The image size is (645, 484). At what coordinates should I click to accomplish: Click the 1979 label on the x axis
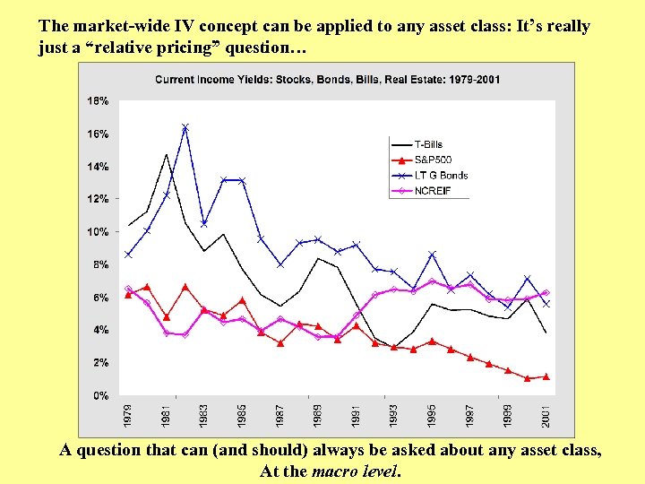point(129,416)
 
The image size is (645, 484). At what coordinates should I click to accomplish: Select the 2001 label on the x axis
point(546,416)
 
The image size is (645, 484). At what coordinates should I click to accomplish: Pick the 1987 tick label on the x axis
point(280,416)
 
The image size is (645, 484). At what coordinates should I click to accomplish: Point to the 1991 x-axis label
point(357,416)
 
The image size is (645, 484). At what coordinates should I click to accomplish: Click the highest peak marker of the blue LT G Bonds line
point(185,127)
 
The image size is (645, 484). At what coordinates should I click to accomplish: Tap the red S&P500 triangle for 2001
point(546,376)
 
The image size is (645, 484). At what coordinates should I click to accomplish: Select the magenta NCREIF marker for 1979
point(129,289)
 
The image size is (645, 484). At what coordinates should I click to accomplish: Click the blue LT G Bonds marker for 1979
point(129,255)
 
